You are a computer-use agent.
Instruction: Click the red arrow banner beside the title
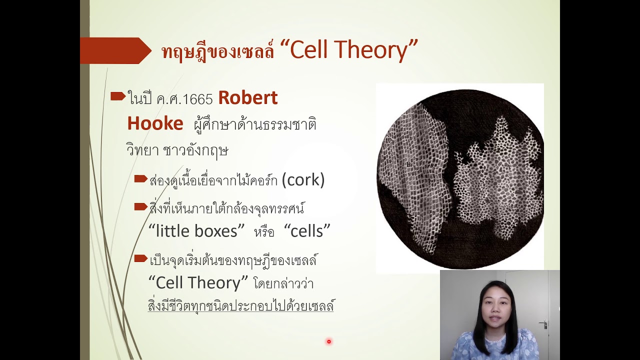[x=115, y=50]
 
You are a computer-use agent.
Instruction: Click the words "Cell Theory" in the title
[x=353, y=50]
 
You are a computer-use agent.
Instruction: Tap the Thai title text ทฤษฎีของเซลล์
[x=218, y=51]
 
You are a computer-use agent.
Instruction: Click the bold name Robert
[x=247, y=98]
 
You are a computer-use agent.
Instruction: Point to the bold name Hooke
[x=155, y=123]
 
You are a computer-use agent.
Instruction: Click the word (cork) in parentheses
[x=303, y=180]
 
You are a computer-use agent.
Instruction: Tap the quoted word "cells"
[x=307, y=230]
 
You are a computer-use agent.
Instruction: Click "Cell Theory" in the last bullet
[x=198, y=282]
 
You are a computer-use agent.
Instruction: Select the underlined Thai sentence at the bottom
[x=240, y=305]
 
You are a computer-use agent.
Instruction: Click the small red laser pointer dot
[x=328, y=341]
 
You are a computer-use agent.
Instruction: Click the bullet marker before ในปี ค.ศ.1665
[x=117, y=96]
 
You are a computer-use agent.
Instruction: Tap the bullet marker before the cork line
[x=140, y=178]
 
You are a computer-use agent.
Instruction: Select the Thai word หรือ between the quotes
[x=264, y=232]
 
